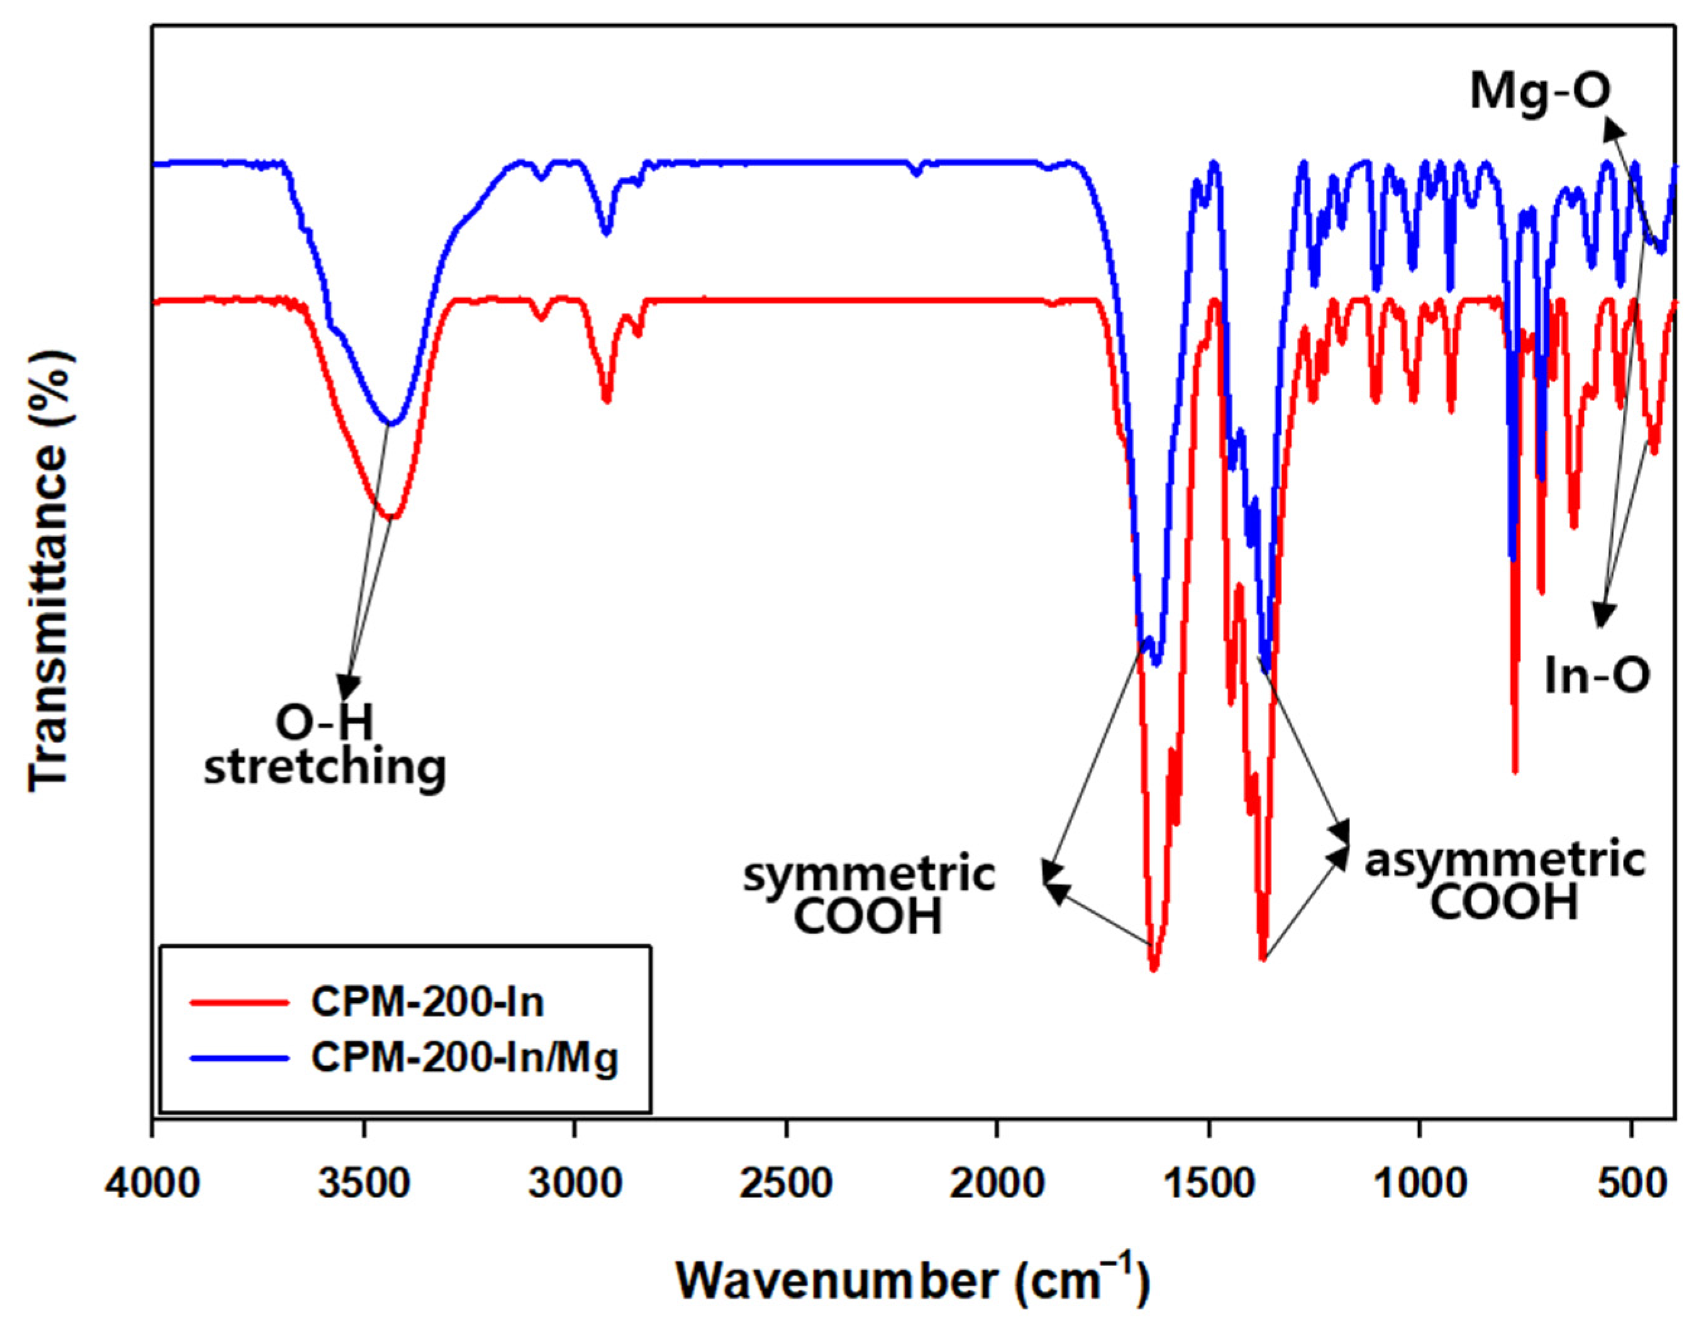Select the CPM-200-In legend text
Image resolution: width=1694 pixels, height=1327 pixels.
[x=428, y=1002]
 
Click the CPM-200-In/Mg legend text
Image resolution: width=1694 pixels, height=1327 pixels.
[x=465, y=1058]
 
